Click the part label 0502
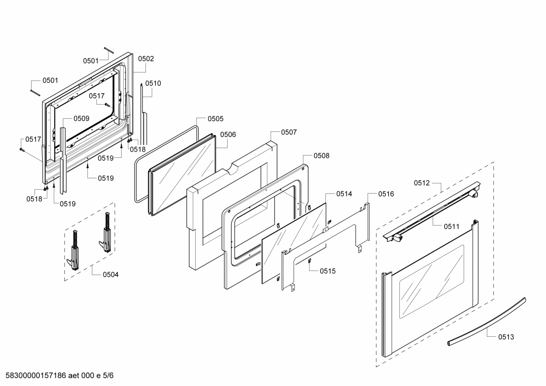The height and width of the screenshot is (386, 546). pos(146,59)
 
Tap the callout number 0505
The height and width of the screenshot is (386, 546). pos(215,119)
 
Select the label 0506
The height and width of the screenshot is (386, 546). pos(228,134)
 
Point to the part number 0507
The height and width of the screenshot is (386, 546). pos(289,132)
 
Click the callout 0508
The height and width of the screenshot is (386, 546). pos(321,156)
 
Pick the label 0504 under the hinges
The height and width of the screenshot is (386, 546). pos(111,274)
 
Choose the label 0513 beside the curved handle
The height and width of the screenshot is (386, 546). pos(506,337)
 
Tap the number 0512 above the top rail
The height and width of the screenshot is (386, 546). pos(422,183)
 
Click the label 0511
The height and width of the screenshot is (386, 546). pos(451,227)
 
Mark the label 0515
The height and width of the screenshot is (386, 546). pos(328,271)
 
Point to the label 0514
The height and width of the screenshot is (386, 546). pos(344,194)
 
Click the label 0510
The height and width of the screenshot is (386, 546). pos(153,83)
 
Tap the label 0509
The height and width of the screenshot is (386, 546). pos(81,119)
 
